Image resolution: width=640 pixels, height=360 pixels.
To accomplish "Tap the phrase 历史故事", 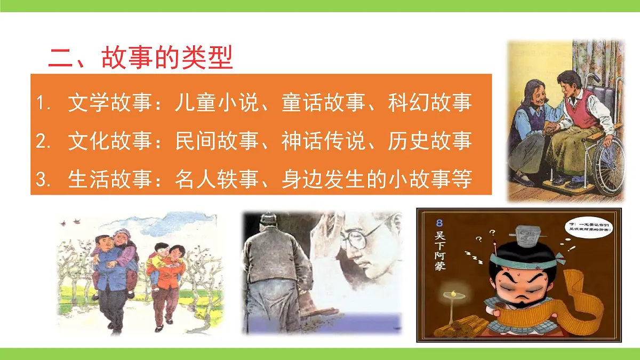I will coord(430,141).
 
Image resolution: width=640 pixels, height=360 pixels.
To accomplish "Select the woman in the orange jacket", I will coord(166,283).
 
